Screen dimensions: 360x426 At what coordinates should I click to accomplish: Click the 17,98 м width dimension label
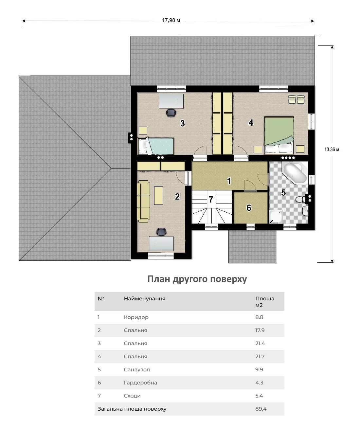[x=171, y=20]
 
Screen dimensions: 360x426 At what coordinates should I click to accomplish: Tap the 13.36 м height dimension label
[x=332, y=149]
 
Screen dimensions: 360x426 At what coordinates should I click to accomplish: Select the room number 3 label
[x=182, y=123]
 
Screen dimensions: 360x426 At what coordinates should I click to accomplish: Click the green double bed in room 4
[x=279, y=135]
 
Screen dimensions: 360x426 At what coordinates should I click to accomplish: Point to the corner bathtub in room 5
[x=295, y=173]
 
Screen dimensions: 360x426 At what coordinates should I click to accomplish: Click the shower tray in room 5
[x=276, y=217]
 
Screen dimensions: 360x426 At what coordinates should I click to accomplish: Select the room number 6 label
[x=249, y=208]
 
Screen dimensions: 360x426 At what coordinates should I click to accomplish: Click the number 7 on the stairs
[x=211, y=199]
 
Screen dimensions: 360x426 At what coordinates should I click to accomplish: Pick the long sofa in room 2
[x=143, y=201]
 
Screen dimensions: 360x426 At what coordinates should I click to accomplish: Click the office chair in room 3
[x=171, y=113]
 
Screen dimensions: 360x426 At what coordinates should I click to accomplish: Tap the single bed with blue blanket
[x=156, y=146]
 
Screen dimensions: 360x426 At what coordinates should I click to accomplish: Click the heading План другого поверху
[x=197, y=279]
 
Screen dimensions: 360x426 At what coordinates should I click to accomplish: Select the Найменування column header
[x=144, y=298]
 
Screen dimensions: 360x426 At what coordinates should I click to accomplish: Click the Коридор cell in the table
[x=136, y=317]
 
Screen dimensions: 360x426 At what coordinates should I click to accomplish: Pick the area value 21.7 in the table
[x=260, y=356]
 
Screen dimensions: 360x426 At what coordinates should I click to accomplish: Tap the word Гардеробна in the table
[x=140, y=382]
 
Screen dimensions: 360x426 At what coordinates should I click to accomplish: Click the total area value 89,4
[x=261, y=409]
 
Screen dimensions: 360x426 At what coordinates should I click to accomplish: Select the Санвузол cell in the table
[x=137, y=369]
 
